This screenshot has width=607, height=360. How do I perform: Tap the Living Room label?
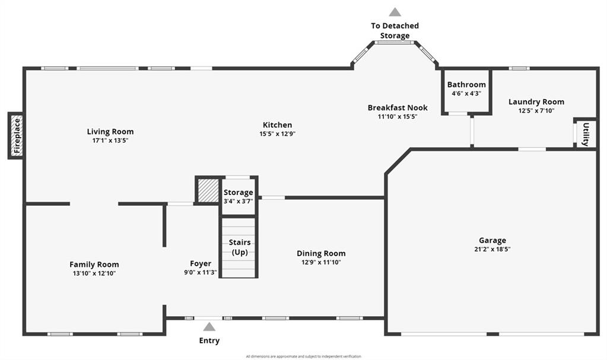point(110,132)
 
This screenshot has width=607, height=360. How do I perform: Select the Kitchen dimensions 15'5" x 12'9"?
point(277,134)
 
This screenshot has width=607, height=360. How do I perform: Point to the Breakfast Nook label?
point(398,107)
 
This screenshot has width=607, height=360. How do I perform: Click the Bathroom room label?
point(466,85)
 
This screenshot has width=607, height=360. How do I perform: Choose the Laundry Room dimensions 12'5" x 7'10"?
point(536,110)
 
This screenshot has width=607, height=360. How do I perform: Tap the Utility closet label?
point(586,134)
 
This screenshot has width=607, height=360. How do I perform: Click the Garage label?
point(492,240)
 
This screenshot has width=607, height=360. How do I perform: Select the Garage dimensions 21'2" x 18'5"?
point(492,249)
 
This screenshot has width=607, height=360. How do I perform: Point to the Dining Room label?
point(321,253)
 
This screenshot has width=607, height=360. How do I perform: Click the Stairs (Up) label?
point(240,247)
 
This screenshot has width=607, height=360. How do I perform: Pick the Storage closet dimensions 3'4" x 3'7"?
point(238,201)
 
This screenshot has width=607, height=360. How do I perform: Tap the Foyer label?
point(201,263)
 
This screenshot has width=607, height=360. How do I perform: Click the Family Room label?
point(94,265)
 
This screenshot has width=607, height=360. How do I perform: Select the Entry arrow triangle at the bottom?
point(209,327)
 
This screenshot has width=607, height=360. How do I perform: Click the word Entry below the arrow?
point(209,340)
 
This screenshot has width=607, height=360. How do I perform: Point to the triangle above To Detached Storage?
point(395,12)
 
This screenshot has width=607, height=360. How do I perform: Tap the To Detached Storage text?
point(395,30)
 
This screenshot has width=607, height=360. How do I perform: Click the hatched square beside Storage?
point(208,191)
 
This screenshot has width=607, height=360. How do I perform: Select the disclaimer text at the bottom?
point(303,356)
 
